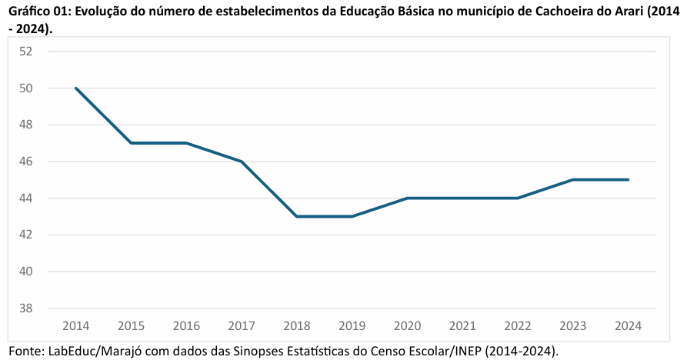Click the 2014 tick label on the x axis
[76, 325]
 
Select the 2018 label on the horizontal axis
[297, 325]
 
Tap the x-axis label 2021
[462, 325]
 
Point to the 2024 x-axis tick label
[628, 325]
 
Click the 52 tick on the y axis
[26, 52]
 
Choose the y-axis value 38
[26, 308]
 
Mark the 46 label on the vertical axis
[26, 162]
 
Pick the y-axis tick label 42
[26, 235]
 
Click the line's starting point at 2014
[76, 88]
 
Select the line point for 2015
[132, 143]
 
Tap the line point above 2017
[242, 162]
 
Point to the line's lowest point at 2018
[297, 216]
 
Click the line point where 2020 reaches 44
[407, 198]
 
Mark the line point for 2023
[572, 180]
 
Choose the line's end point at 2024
[628, 180]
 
